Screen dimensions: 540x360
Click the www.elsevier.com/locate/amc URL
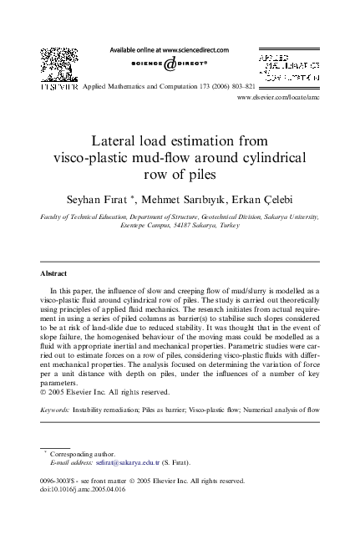[x=279, y=98]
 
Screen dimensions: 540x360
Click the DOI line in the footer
[x=80, y=491]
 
